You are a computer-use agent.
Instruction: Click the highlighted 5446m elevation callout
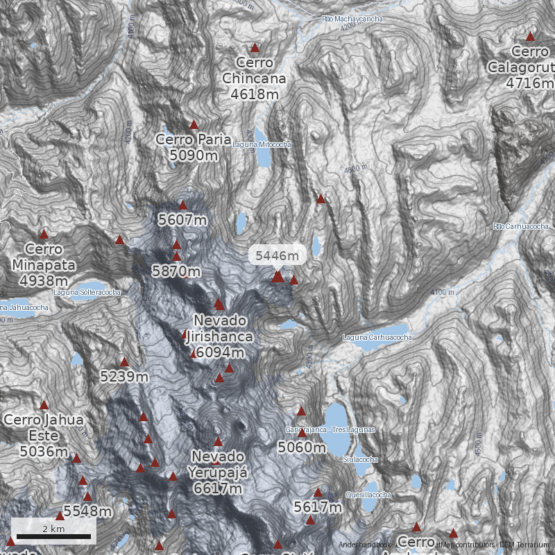[277, 256]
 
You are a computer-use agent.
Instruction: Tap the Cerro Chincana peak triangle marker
[255, 48]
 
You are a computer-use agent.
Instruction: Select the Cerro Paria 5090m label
[193, 147]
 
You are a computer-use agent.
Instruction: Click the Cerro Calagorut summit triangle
[531, 37]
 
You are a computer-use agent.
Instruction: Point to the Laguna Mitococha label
[262, 144]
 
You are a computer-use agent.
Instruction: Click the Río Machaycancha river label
[352, 19]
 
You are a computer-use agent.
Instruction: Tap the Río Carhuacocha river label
[520, 226]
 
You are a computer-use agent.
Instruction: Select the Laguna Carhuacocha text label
[377, 337]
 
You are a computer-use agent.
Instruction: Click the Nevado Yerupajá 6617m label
[218, 472]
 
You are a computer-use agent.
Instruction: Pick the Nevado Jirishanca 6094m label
[220, 336]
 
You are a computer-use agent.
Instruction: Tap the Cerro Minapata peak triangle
[44, 234]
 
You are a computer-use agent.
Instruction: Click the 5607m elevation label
[182, 220]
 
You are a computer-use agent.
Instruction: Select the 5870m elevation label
[176, 271]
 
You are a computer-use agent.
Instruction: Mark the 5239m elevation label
[125, 377]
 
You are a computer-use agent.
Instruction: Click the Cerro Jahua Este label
[44, 435]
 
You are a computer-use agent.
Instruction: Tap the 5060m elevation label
[302, 447]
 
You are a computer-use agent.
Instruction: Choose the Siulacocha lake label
[360, 459]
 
